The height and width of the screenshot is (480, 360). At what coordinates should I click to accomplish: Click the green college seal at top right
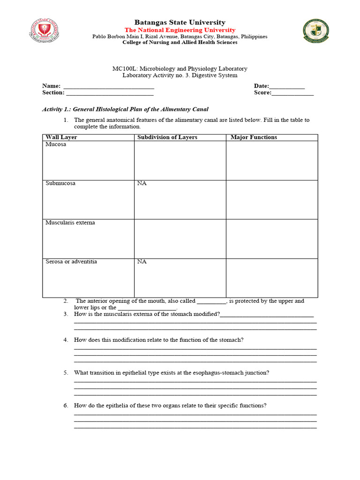point(315,31)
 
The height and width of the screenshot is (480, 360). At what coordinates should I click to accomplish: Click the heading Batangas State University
point(180,22)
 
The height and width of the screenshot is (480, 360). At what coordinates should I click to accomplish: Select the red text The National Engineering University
point(180,30)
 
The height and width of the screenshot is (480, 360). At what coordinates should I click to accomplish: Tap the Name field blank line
point(108,86)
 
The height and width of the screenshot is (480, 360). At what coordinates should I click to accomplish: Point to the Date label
point(261,86)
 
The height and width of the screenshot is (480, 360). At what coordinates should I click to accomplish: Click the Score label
point(262,93)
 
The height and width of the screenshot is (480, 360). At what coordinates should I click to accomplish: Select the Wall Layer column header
point(61,137)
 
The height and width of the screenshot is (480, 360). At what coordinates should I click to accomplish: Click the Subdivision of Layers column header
point(167,137)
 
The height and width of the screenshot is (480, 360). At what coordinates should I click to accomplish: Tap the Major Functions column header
point(254,137)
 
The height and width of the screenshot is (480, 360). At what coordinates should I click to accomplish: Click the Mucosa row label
point(56,144)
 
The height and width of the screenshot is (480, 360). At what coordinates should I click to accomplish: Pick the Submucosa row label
point(60,183)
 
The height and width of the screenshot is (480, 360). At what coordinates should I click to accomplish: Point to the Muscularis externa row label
point(70,223)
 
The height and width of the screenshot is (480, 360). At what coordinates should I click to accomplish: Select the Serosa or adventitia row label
point(71,262)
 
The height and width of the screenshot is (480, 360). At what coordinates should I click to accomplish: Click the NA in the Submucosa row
point(142,183)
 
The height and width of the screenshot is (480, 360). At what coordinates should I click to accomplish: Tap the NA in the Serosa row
point(142,262)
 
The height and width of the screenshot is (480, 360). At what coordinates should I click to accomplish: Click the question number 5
point(66,373)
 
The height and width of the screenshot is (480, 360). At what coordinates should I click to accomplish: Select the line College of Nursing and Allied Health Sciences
point(180,42)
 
